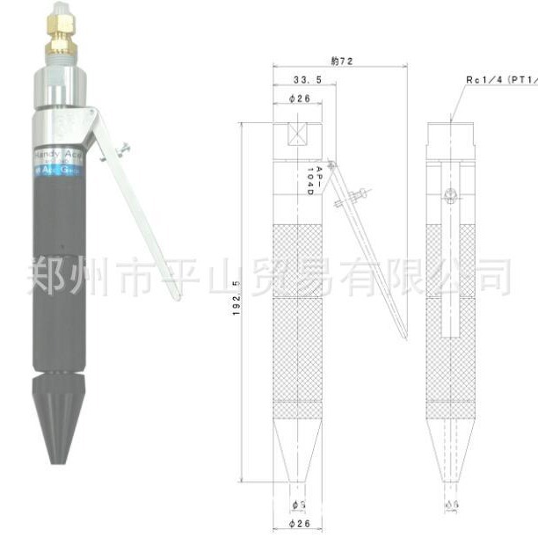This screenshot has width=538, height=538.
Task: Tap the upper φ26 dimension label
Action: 299,98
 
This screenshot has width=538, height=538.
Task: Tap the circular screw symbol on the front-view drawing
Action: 451,195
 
